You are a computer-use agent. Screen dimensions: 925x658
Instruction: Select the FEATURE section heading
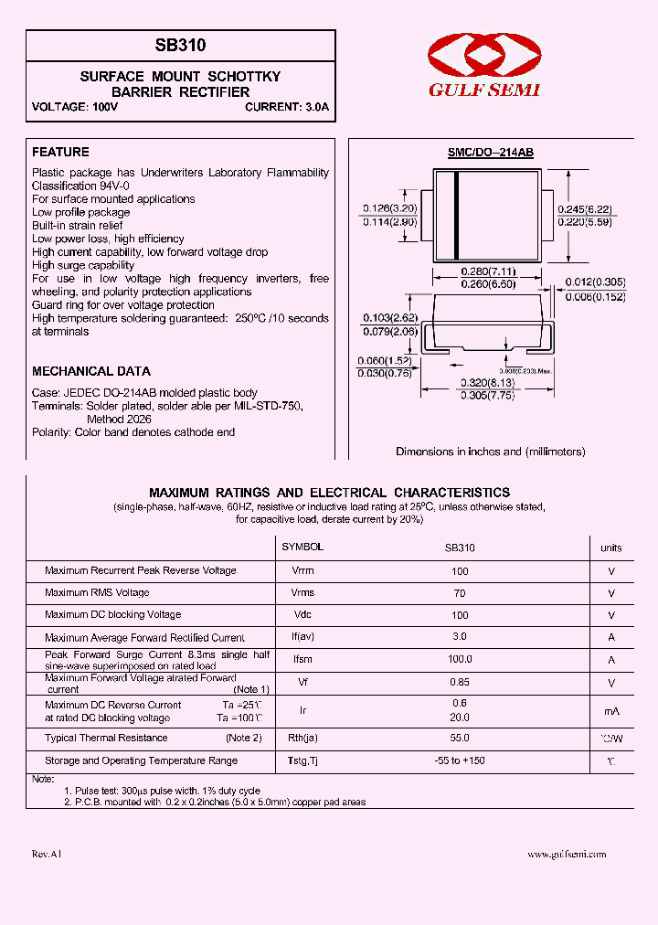click(60, 152)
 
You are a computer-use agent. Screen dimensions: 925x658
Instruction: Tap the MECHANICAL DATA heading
click(91, 371)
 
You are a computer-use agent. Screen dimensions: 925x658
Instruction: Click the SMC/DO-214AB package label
click(490, 154)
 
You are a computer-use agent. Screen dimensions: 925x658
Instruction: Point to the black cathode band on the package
click(456, 216)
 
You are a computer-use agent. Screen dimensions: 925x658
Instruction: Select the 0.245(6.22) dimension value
click(584, 209)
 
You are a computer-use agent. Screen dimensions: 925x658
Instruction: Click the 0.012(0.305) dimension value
click(594, 283)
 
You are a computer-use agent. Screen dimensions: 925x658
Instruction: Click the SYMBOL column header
click(302, 547)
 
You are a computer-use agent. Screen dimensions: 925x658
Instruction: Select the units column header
click(610, 548)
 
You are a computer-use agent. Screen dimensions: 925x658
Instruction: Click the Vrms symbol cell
click(302, 592)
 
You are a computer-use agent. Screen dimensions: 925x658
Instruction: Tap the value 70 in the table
click(460, 593)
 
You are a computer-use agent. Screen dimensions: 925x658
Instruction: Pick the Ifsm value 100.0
click(460, 659)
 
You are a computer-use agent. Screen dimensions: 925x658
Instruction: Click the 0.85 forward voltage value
click(460, 682)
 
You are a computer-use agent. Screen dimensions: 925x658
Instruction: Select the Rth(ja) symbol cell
click(302, 738)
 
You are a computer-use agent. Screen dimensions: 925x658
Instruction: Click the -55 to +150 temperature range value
click(460, 760)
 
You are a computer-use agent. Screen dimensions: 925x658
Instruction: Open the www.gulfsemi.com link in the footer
click(567, 854)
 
